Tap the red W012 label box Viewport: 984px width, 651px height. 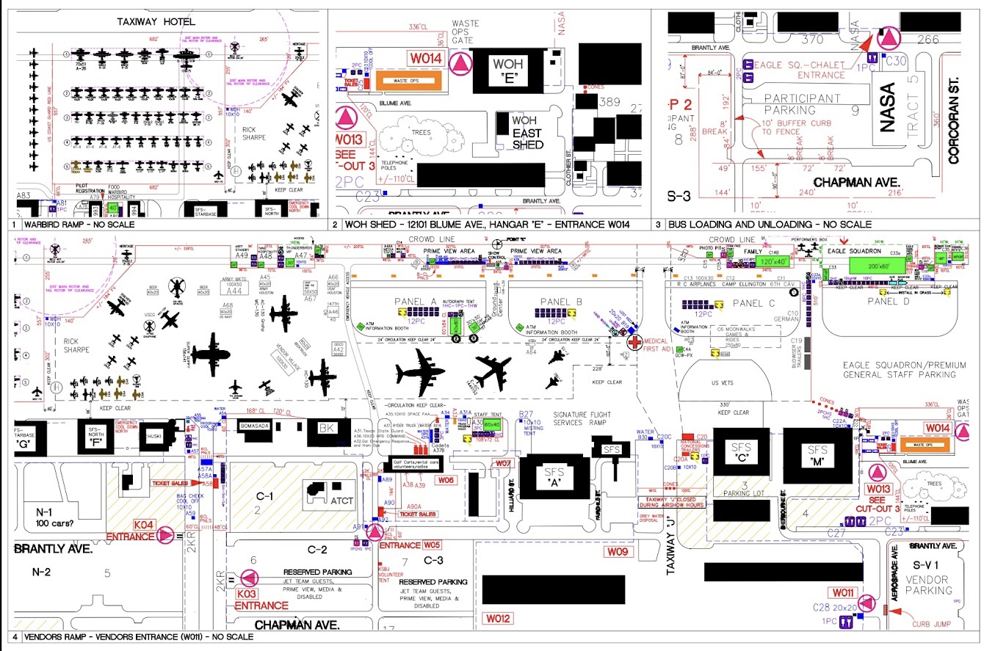[x=497, y=618]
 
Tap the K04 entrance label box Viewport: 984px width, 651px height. [x=143, y=525]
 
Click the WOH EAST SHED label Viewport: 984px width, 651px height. [x=527, y=134]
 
